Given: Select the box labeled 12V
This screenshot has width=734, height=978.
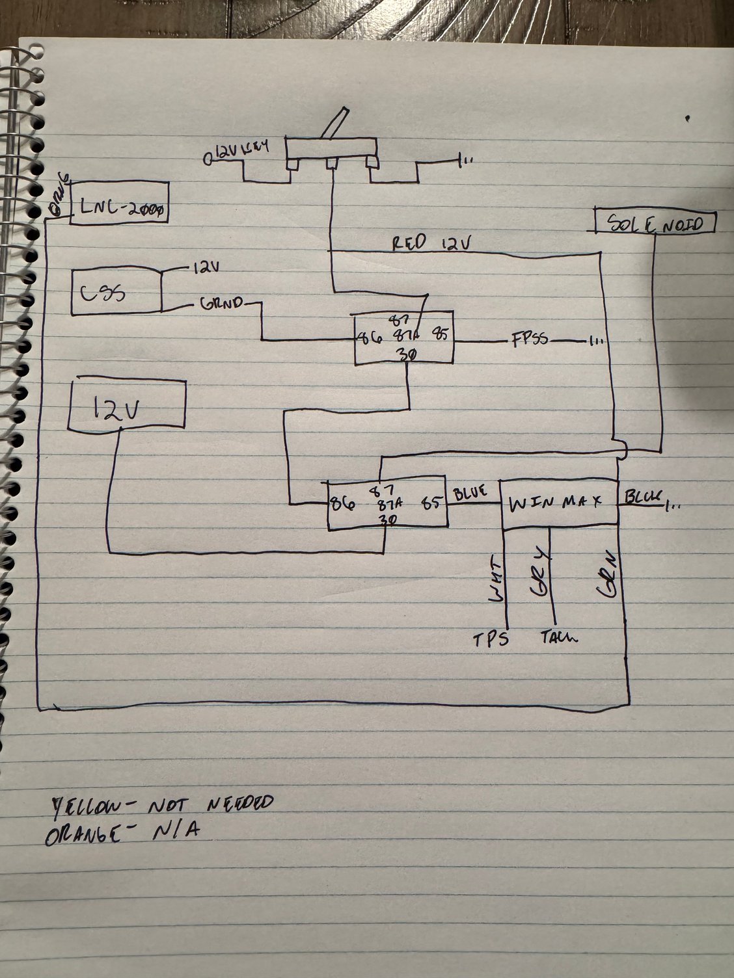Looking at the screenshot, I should pyautogui.click(x=128, y=404).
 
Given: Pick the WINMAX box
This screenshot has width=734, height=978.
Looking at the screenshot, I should pyautogui.click(x=558, y=503).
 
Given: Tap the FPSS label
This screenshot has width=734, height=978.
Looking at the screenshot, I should pyautogui.click(x=529, y=340).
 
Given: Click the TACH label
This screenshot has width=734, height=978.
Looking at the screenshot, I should pyautogui.click(x=558, y=637).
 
